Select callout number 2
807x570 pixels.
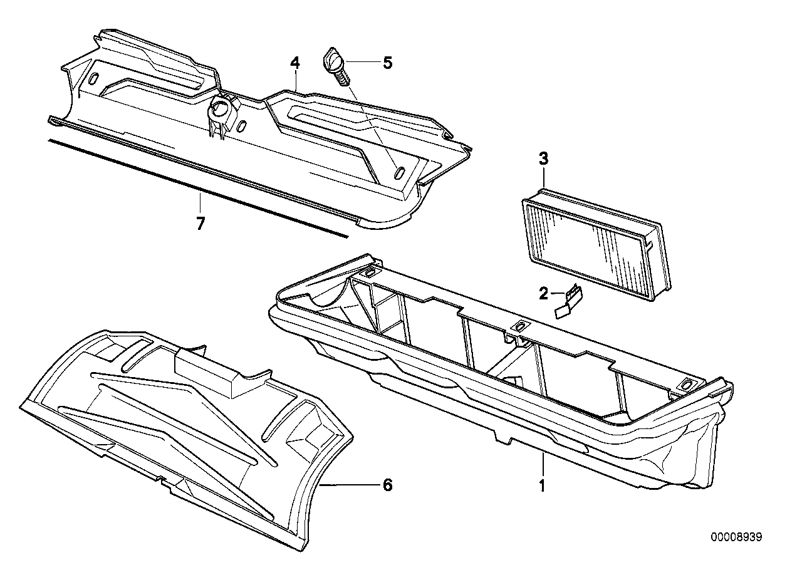coord(544,292)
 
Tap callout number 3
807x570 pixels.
coord(543,159)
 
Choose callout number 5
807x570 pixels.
coord(387,63)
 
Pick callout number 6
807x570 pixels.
coord(387,484)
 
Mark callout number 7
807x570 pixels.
coord(200,223)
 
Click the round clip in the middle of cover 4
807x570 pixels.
coord(220,110)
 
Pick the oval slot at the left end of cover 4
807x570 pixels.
coord(93,80)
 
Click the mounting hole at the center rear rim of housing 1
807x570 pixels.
coord(519,327)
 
